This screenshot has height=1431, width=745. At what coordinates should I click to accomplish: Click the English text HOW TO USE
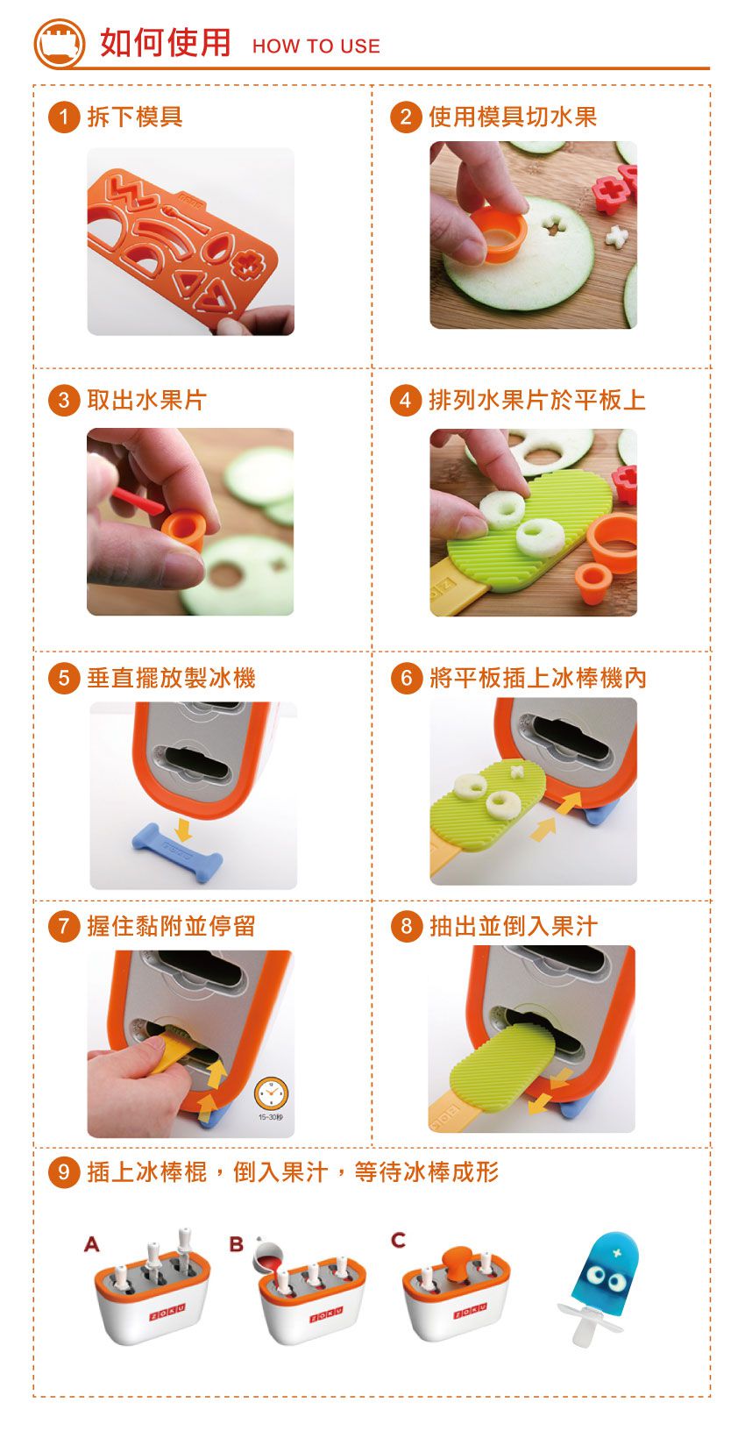point(316,46)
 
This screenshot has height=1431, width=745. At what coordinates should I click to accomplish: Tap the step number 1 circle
point(63,117)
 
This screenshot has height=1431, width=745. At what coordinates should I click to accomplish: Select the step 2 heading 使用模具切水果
point(512,117)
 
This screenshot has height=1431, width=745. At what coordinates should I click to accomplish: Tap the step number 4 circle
point(405,401)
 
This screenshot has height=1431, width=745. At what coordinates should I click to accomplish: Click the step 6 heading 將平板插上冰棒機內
point(537,678)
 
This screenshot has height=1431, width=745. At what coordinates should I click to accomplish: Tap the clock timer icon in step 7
point(271,1094)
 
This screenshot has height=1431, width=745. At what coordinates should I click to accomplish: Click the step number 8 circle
point(405,926)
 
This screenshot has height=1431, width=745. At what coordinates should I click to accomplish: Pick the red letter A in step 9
point(91,1243)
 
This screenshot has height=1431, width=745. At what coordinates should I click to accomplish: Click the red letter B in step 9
point(236,1243)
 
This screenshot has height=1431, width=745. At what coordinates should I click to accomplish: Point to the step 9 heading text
point(292,1172)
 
